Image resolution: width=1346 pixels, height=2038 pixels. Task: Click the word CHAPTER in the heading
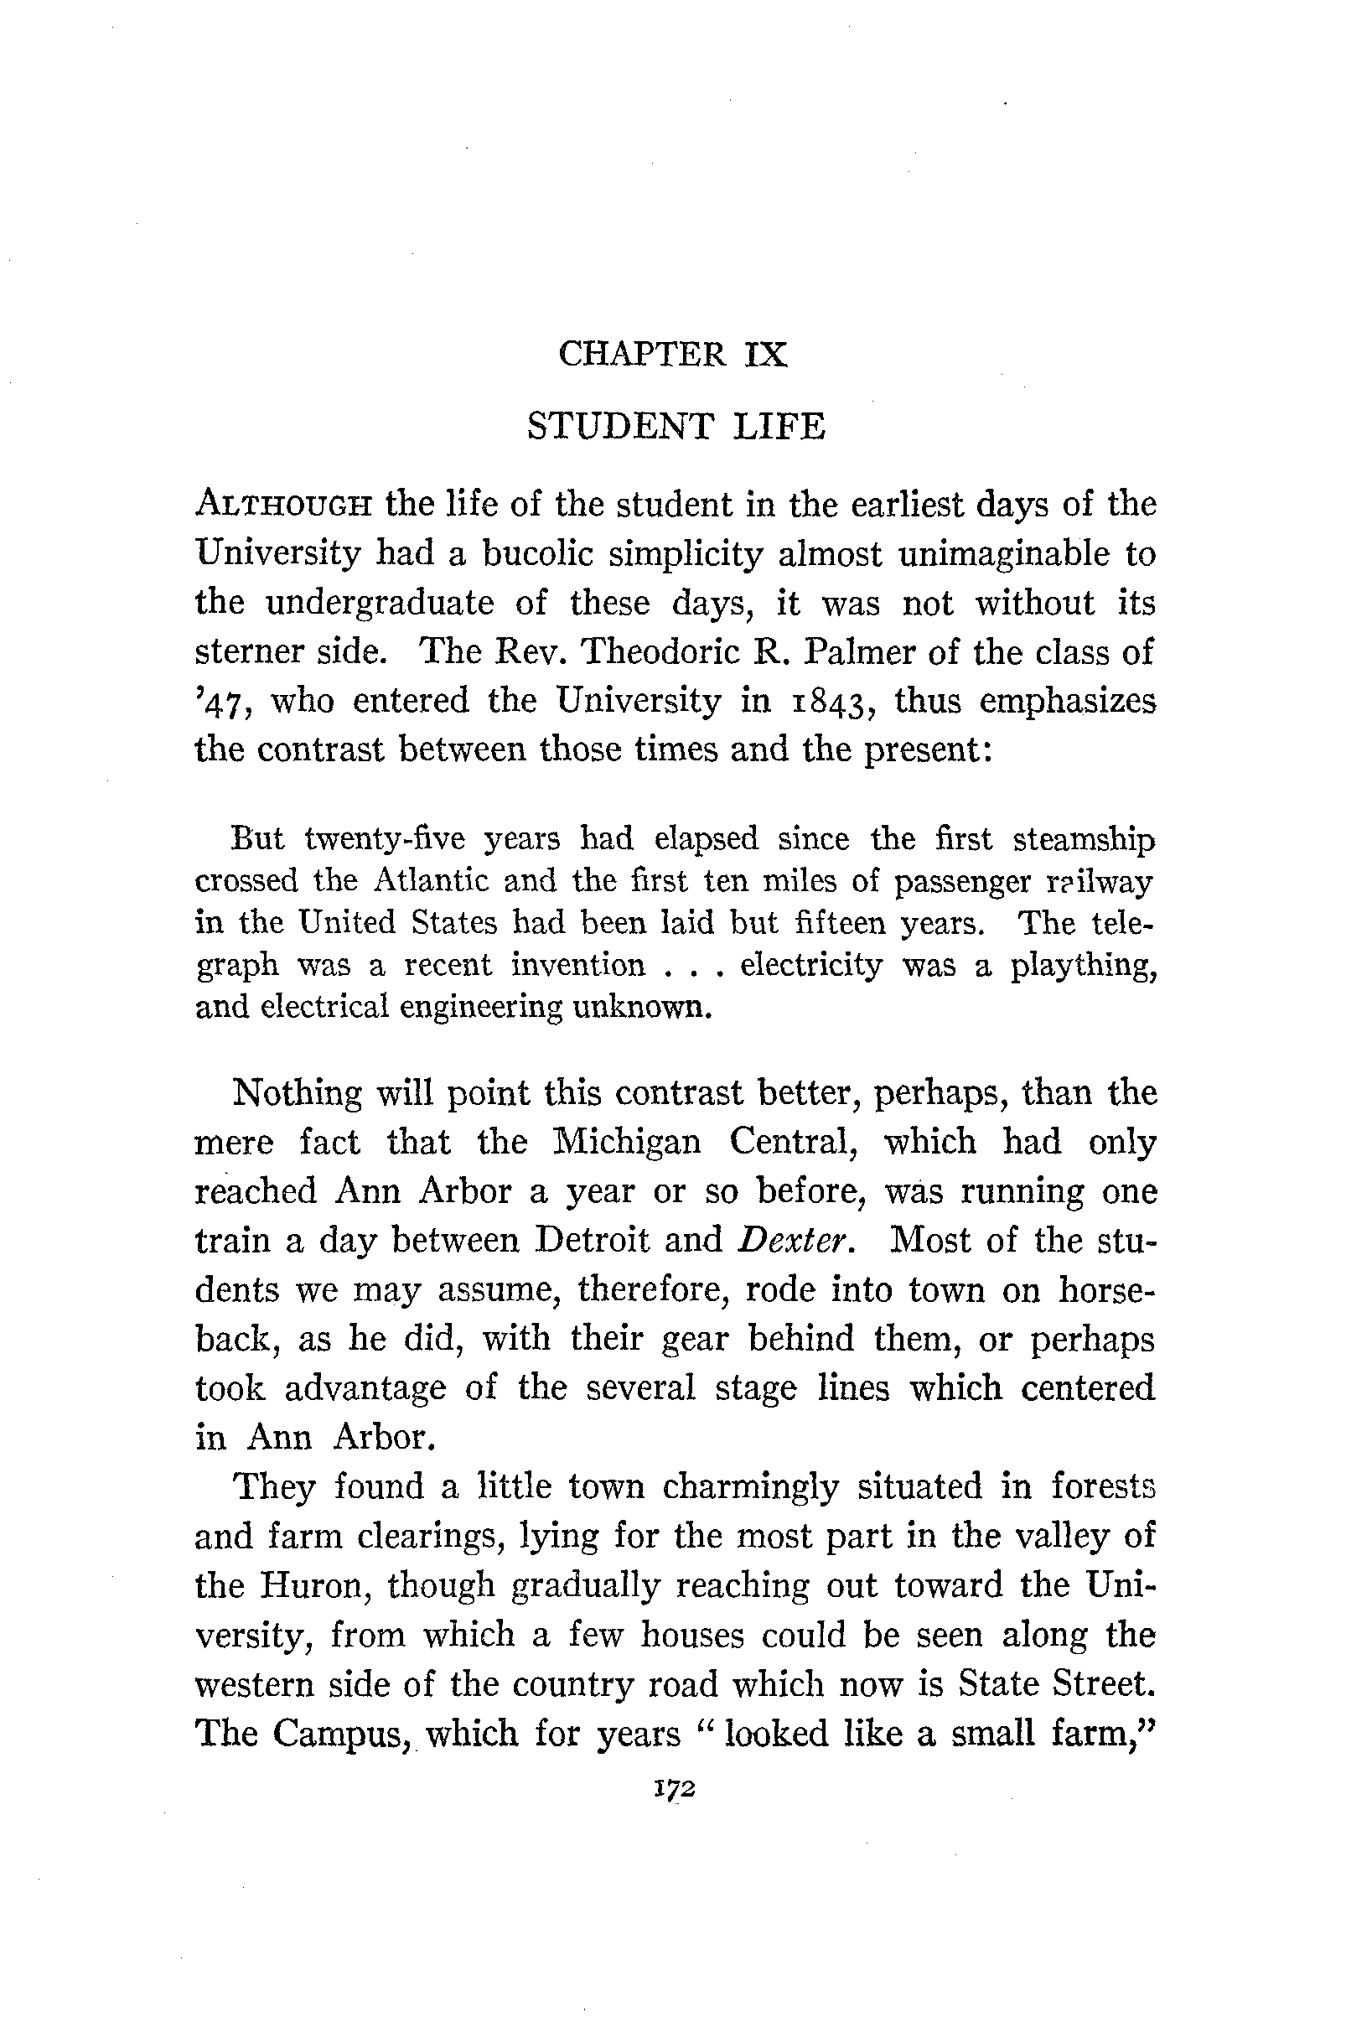[x=641, y=354]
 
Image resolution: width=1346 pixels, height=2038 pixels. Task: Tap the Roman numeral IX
[x=766, y=354]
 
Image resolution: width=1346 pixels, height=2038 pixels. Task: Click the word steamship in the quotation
[x=1084, y=838]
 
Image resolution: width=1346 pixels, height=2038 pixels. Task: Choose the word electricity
[x=810, y=965]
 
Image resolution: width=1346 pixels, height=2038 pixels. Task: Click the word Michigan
[x=626, y=1143]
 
